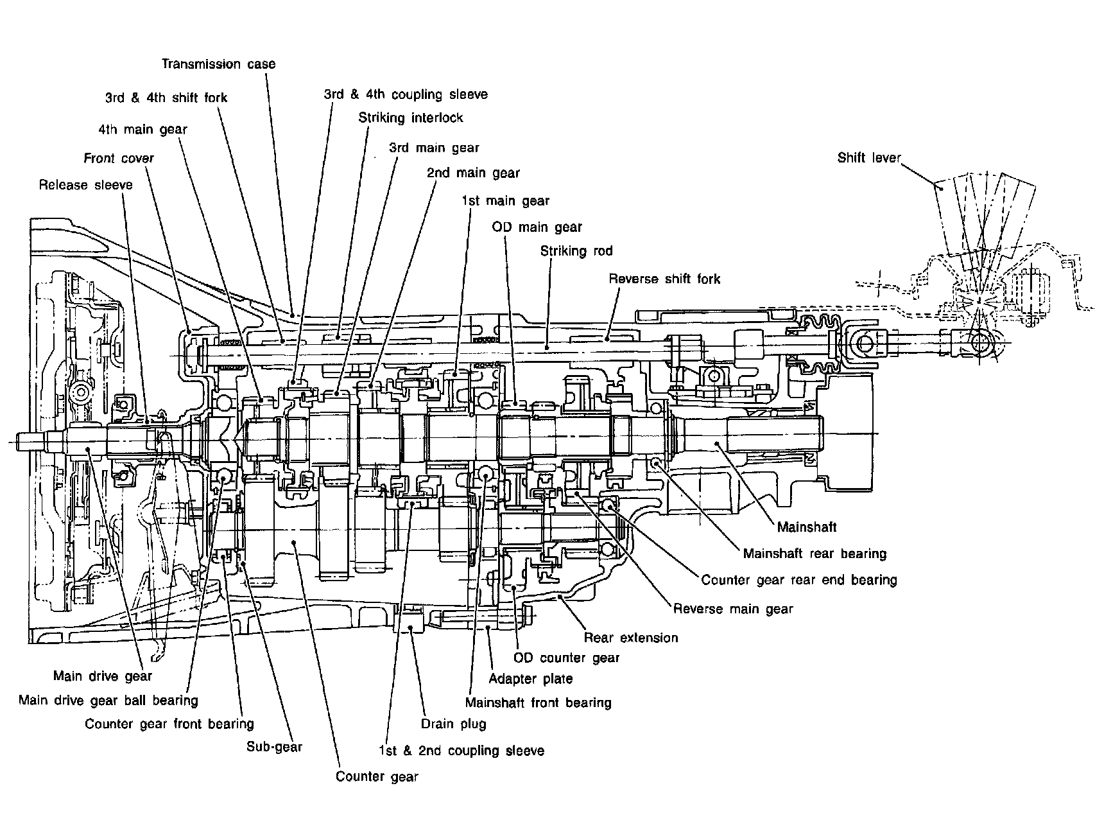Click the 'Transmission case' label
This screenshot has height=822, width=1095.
tap(218, 64)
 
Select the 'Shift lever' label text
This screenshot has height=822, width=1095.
tap(869, 158)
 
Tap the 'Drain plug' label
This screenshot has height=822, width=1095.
tap(453, 724)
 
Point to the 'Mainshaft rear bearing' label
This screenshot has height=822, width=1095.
tap(815, 554)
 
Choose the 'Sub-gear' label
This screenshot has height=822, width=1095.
tap(274, 747)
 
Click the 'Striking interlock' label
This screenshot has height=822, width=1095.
tap(411, 118)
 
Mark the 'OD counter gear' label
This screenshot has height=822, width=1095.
tap(567, 658)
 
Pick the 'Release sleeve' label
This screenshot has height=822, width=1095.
tap(86, 185)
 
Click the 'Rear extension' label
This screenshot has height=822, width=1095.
tap(631, 638)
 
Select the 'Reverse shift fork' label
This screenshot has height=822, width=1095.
tap(664, 279)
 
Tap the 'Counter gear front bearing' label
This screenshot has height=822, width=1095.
tap(169, 724)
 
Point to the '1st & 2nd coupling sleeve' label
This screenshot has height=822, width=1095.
tap(461, 751)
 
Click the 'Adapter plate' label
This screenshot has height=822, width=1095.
tap(531, 679)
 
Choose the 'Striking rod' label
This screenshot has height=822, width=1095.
tap(576, 251)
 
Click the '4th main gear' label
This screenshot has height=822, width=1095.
tap(142, 129)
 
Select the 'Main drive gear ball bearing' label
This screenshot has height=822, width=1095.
tap(108, 700)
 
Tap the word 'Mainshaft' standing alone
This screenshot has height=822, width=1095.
tap(807, 527)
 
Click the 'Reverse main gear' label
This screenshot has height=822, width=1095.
tap(733, 609)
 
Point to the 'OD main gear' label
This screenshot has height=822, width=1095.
tap(537, 227)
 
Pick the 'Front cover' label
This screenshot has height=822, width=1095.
tap(119, 158)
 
